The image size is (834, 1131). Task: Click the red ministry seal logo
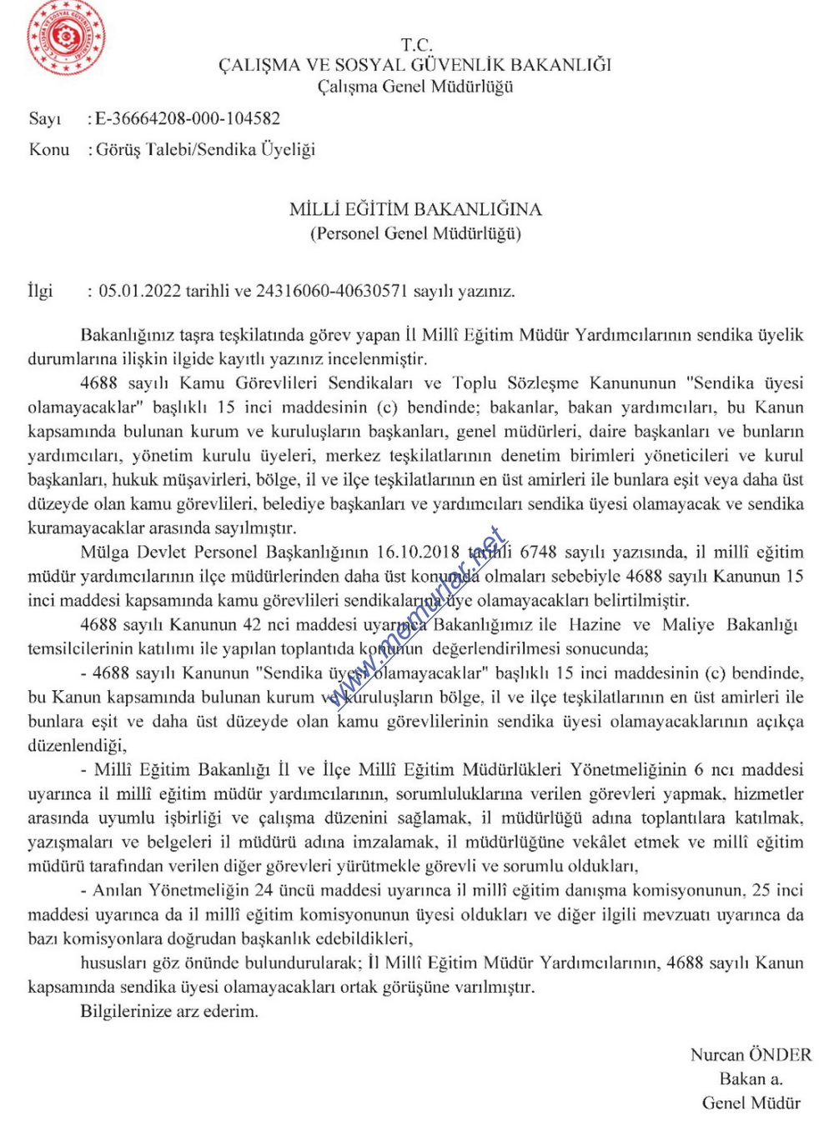tap(66, 37)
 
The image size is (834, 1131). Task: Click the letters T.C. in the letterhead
tap(415, 45)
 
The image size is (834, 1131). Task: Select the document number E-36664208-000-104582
tap(188, 118)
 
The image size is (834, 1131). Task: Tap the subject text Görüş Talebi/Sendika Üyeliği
tap(206, 149)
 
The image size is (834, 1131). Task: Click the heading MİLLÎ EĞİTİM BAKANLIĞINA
tap(415, 209)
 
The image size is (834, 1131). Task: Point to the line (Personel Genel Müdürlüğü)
tap(415, 233)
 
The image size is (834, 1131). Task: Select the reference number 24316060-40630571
tap(332, 291)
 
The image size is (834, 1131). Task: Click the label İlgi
tap(40, 291)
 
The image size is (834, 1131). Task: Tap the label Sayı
tap(45, 118)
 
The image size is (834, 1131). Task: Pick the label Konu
tap(49, 149)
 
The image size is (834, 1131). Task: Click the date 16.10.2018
tap(418, 552)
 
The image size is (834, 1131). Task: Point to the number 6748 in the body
tap(539, 552)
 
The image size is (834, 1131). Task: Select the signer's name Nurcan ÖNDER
tap(751, 1054)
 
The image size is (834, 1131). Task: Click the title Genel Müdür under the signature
tap(751, 1103)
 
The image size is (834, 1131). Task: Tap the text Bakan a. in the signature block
tap(751, 1078)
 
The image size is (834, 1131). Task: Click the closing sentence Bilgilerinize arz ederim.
tap(169, 1011)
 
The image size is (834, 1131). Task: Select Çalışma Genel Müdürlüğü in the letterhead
tap(415, 87)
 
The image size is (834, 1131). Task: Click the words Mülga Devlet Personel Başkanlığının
tap(224, 552)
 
